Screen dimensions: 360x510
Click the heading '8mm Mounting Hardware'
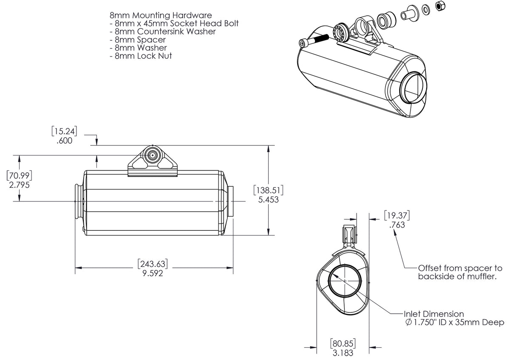pyautogui.click(x=160, y=15)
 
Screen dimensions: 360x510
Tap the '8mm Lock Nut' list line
pyautogui.click(x=141, y=56)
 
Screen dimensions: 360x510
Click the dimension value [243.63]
pyautogui.click(x=153, y=264)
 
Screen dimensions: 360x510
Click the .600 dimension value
pyautogui.click(x=64, y=141)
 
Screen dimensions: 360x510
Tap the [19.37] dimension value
pyautogui.click(x=397, y=216)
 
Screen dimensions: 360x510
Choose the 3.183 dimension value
pyautogui.click(x=343, y=352)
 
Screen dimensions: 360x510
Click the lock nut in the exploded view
pyautogui.click(x=440, y=6)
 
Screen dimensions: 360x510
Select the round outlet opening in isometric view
pyautogui.click(x=412, y=88)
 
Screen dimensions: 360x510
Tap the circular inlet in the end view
pyautogui.click(x=345, y=281)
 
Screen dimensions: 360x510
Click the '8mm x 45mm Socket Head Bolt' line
pyautogui.click(x=174, y=23)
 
